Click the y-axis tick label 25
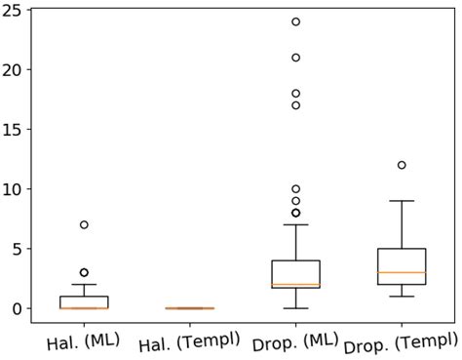14,11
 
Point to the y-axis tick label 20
14,70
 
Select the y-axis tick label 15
14,130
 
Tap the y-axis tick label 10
14,189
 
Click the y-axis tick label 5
19,249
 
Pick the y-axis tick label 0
19,308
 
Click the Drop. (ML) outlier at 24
295,21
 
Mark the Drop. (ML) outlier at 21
295,58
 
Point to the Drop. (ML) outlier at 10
295,189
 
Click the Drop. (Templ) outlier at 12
402,165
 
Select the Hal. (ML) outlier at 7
84,224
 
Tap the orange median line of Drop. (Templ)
402,272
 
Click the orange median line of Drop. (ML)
295,284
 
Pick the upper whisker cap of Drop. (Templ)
402,201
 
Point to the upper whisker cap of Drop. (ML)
295,224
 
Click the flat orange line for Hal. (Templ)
190,308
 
